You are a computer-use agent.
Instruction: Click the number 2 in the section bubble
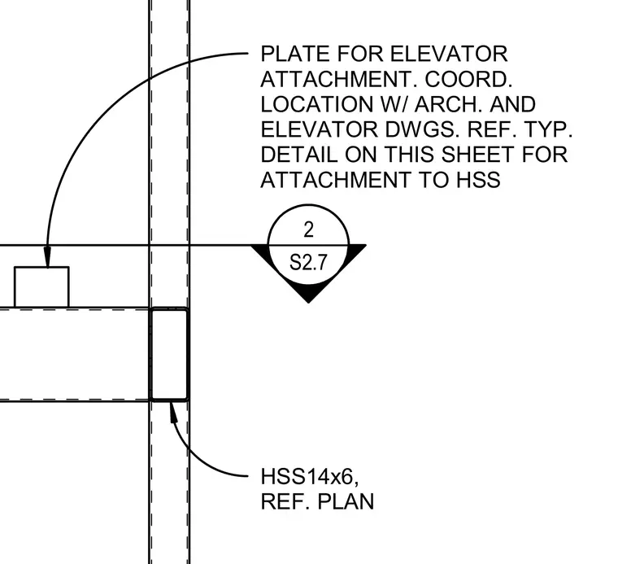coord(309,230)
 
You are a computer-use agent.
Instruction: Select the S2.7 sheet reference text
coord(309,262)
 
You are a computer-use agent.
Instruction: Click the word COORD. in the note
coord(468,79)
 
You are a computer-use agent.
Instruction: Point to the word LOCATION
coord(317,104)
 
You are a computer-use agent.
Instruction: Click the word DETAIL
coord(299,155)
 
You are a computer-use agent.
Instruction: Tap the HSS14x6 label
coord(309,477)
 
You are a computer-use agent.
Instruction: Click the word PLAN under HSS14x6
coord(346,502)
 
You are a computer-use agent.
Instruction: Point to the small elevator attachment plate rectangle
coord(41,286)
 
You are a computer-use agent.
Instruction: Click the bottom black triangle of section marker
coord(309,292)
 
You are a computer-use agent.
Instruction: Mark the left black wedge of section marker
coord(262,253)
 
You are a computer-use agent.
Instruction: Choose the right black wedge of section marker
coord(355,253)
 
